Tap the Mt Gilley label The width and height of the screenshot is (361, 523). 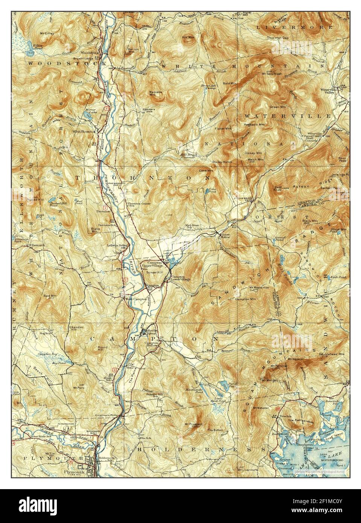tap(47, 34)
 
